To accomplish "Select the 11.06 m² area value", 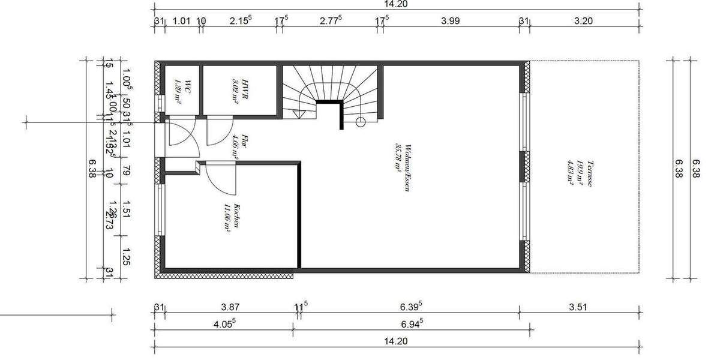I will tap(227, 218).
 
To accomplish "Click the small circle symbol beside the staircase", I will tap(360, 122).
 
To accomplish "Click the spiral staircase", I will tap(331, 90).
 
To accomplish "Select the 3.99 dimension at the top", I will tap(450, 21).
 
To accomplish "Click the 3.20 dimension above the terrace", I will tap(583, 21).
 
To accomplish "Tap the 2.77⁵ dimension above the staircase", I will tap(330, 21).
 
